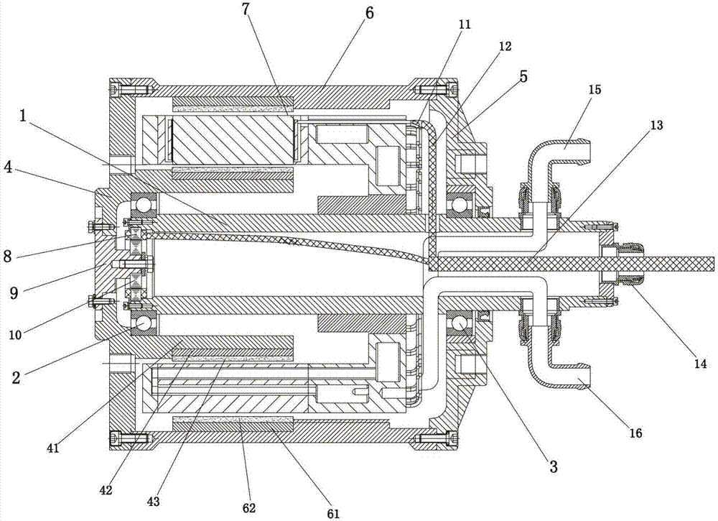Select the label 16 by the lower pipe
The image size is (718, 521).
pyautogui.click(x=635, y=433)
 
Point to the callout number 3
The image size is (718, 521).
pyautogui.click(x=553, y=467)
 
